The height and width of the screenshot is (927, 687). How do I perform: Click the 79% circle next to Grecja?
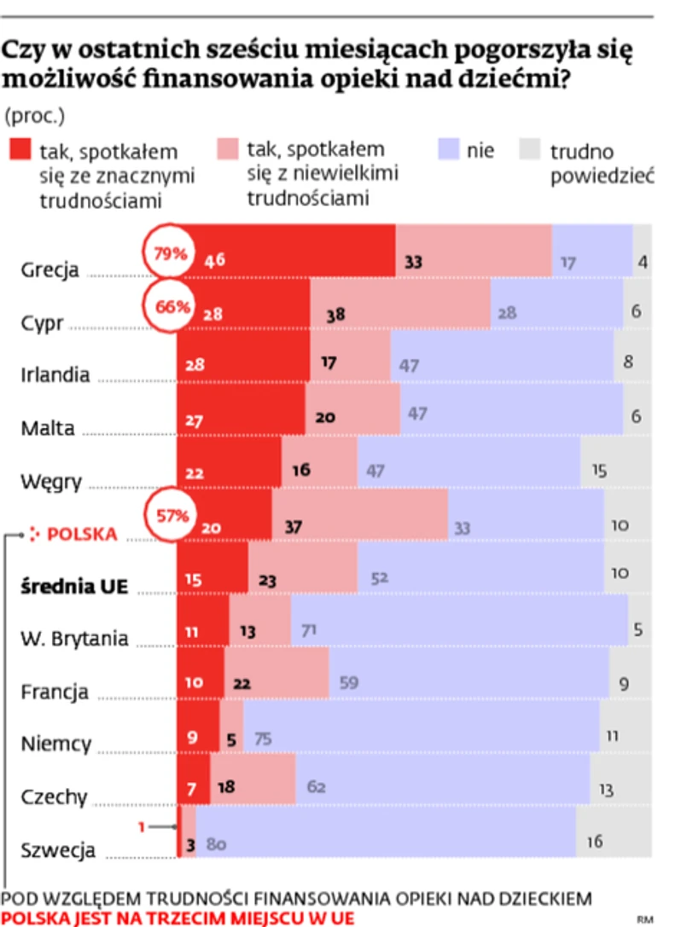pyautogui.click(x=169, y=253)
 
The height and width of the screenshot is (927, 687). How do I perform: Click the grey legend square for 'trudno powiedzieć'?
pyautogui.click(x=532, y=151)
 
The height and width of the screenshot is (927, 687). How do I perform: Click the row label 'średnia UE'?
pyautogui.click(x=69, y=586)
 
